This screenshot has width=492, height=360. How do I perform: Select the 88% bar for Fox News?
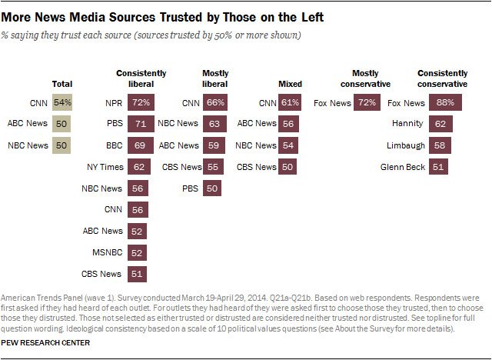pos(443,102)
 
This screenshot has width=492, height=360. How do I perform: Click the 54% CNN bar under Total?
pos(62,102)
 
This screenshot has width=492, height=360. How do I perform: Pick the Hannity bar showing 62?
pos(439,124)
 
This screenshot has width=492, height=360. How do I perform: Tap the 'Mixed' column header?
pos(290,84)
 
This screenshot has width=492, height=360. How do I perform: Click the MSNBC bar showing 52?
pos(137,252)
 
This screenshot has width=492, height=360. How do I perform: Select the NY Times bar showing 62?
pos(138,167)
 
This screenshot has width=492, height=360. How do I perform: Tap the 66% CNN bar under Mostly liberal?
pos(216,102)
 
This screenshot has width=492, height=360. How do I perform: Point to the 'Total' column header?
pos(61,84)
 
